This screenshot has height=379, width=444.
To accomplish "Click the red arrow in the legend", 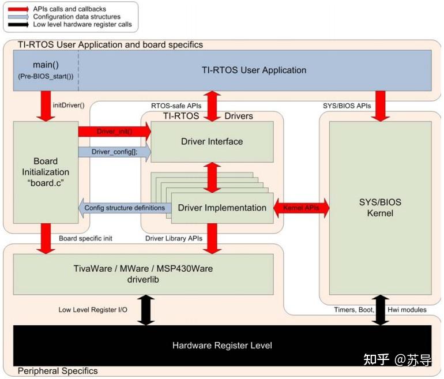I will tap(18, 9).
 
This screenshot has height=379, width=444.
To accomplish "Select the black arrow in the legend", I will tap(18, 25).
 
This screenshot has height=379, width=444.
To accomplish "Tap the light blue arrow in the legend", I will tap(18, 17).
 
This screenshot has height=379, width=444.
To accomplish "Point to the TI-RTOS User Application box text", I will tap(254, 70).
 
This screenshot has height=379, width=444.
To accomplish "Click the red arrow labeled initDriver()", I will tap(45, 106).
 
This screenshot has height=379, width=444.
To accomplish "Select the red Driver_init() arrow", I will tap(114, 132).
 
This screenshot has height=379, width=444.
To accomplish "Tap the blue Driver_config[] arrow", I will tap(114, 152).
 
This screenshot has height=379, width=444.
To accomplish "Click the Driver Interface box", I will tap(212, 141).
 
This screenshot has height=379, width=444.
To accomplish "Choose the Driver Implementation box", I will tap(222, 208).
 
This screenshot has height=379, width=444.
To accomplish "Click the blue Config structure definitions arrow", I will tap(124, 208).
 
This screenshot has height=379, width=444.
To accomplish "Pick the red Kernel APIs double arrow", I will tap(300, 208).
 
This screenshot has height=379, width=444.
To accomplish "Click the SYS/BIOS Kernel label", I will tap(379, 208).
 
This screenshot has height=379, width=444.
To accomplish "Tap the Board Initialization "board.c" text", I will tap(46, 172).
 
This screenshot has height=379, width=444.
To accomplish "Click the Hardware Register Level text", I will tap(222, 346).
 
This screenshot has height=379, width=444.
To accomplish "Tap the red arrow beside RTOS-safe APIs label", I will tap(212, 106).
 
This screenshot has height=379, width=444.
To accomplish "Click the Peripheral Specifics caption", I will tap(58, 371).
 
